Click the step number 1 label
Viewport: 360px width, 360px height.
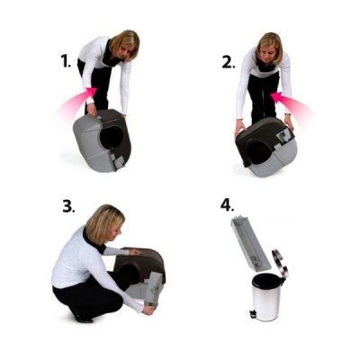click(x=65, y=61)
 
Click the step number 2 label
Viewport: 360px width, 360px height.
click(x=228, y=62)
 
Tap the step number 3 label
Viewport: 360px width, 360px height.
click(x=68, y=206)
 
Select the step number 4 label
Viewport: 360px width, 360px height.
click(x=227, y=204)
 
